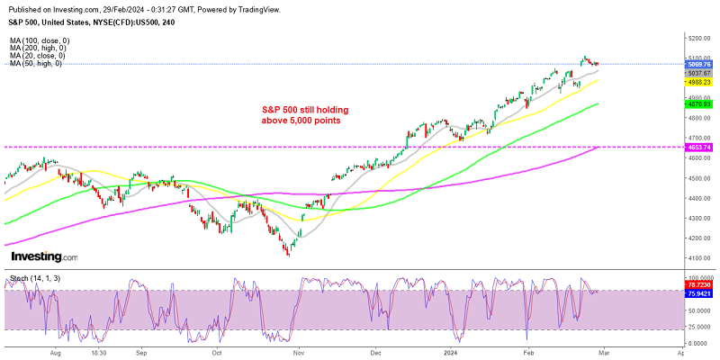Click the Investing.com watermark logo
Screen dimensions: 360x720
42,257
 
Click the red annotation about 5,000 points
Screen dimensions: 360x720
305,114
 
